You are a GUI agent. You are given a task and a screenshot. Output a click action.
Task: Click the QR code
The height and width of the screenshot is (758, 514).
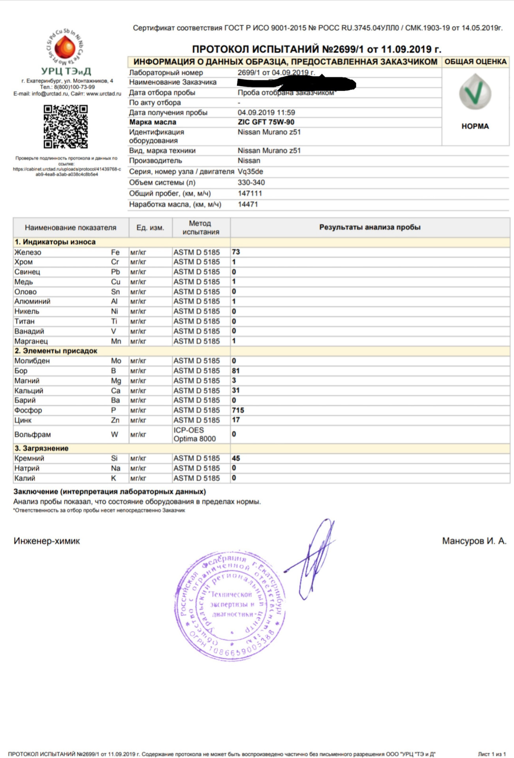tap(66, 126)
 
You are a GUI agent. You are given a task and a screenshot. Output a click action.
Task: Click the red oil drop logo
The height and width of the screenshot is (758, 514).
tap(65, 47)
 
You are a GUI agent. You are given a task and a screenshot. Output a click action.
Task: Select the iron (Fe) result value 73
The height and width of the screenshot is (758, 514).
tap(236, 252)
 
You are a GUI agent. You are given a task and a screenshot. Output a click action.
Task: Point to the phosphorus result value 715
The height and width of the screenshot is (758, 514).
tap(238, 410)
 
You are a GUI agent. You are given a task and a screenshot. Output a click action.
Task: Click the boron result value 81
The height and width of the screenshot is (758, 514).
tap(236, 371)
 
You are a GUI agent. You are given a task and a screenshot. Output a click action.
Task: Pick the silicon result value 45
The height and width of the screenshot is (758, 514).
tap(236, 458)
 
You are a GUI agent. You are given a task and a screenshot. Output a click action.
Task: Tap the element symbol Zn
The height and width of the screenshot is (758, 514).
tap(115, 420)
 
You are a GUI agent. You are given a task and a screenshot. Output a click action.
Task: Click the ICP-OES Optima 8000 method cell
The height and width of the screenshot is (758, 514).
tap(195, 434)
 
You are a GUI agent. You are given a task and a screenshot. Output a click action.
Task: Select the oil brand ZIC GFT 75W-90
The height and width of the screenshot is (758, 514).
tap(266, 122)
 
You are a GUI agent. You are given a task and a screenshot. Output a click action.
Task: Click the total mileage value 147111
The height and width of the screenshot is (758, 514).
tap(250, 193)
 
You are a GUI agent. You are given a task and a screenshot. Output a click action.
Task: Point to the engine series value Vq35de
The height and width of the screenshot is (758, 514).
tap(250, 172)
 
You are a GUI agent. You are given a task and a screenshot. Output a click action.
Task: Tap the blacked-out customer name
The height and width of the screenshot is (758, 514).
tap(296, 83)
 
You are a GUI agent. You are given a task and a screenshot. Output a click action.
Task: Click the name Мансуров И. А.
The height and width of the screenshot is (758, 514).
tap(474, 541)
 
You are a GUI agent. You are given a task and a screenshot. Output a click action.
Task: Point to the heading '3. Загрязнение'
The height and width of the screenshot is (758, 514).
tap(41, 448)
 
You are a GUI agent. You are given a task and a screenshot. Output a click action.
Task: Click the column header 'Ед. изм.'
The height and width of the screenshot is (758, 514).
tap(150, 228)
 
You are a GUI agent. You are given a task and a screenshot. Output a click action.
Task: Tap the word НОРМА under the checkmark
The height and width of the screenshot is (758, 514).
tap(475, 126)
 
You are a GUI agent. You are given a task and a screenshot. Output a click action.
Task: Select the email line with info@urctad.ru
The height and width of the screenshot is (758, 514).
tap(67, 94)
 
